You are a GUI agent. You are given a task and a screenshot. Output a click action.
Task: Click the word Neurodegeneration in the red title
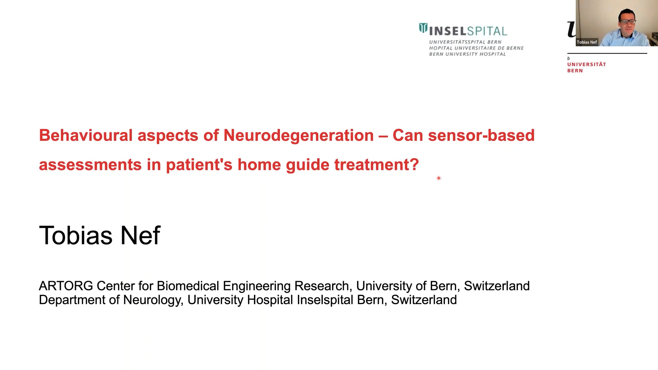tap(299, 136)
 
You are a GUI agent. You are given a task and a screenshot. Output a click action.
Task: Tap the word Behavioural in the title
tap(86, 135)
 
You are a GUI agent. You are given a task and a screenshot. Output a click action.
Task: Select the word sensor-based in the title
tap(481, 135)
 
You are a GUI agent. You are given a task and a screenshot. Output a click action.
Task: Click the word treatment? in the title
tap(376, 164)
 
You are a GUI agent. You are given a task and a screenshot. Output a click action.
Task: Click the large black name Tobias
tap(76, 235)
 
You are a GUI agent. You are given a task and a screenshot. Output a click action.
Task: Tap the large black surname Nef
tap(140, 235)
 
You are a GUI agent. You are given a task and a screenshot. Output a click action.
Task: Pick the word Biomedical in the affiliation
tap(188, 286)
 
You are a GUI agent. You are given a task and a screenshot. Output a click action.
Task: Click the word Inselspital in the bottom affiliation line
tap(325, 300)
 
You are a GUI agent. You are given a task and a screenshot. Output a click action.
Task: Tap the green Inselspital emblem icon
tap(423, 28)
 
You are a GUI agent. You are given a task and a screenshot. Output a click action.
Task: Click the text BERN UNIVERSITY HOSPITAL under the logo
tap(467, 54)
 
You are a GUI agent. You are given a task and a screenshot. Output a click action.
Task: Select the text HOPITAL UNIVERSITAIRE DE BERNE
tap(477, 48)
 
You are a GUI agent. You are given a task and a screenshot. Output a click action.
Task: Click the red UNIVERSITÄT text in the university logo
tap(586, 64)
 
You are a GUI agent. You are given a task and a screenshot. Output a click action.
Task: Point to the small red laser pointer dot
tap(439, 178)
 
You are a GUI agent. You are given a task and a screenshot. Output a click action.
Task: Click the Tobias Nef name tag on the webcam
tap(587, 42)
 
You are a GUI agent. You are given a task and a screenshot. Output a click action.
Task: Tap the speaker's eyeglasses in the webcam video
tap(627, 21)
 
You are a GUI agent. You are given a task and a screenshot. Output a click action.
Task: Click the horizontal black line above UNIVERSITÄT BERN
tap(607, 53)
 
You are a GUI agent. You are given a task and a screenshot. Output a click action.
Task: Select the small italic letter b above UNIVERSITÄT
tap(569, 58)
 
